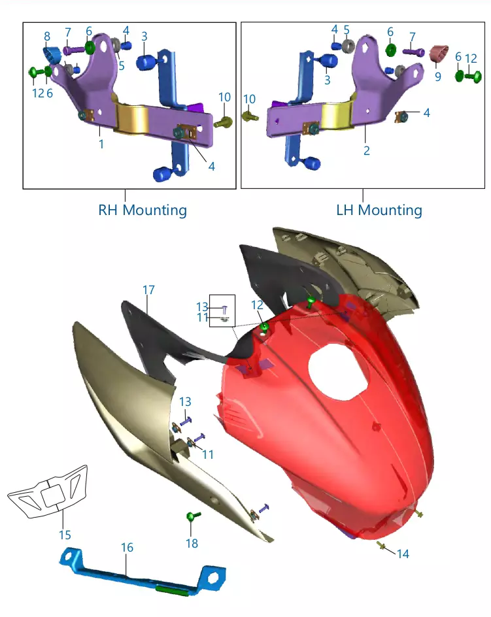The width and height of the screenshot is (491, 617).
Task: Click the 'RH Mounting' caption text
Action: pyautogui.click(x=143, y=210)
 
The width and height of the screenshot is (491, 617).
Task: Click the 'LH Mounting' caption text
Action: pyautogui.click(x=379, y=210)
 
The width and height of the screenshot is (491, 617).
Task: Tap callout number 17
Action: pyautogui.click(x=148, y=290)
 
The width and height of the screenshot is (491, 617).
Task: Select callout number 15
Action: pyautogui.click(x=65, y=535)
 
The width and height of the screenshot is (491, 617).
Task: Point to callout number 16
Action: pyautogui.click(x=127, y=547)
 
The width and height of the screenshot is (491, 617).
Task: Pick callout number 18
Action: pyautogui.click(x=192, y=543)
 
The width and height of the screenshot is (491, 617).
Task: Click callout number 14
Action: pyautogui.click(x=403, y=554)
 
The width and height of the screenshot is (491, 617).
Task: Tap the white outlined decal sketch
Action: pyautogui.click(x=48, y=492)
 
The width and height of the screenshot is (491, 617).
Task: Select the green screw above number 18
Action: pyautogui.click(x=193, y=516)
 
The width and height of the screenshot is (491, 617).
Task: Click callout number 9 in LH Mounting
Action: pyautogui.click(x=438, y=76)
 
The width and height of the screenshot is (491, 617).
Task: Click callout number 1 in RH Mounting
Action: pyautogui.click(x=101, y=144)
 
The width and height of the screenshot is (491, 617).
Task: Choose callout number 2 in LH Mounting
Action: pyautogui.click(x=367, y=150)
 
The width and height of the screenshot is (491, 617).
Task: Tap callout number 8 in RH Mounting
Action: pyautogui.click(x=47, y=36)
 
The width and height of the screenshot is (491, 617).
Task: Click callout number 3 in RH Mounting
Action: pyautogui.click(x=144, y=37)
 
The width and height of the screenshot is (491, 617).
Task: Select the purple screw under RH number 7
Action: pyautogui.click(x=74, y=50)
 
